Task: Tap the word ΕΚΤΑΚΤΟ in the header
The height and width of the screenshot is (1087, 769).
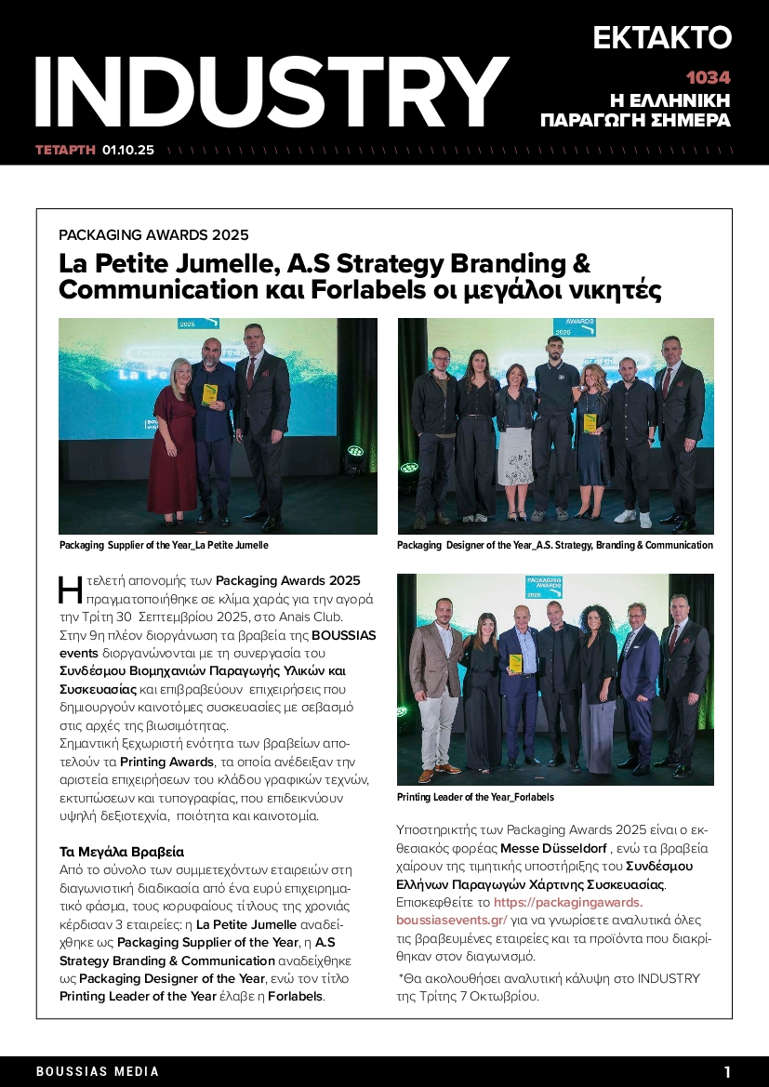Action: pyautogui.click(x=662, y=37)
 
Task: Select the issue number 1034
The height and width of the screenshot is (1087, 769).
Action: pyautogui.click(x=708, y=78)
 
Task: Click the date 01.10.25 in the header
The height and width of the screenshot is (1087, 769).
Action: pyautogui.click(x=128, y=149)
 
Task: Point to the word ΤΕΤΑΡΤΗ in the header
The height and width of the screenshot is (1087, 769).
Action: pyautogui.click(x=65, y=149)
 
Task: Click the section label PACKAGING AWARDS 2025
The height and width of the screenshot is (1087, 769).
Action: pyautogui.click(x=153, y=235)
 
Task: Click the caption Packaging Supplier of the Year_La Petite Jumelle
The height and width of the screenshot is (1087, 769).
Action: pyautogui.click(x=164, y=545)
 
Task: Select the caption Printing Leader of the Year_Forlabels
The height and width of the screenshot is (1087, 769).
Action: pyautogui.click(x=475, y=797)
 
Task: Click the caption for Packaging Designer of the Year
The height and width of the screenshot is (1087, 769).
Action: pyautogui.click(x=554, y=545)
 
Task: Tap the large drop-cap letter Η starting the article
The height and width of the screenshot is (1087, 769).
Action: pyautogui.click(x=71, y=590)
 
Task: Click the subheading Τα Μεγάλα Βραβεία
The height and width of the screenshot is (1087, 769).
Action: pyautogui.click(x=122, y=851)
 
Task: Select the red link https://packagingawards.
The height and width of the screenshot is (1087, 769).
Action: pyautogui.click(x=567, y=902)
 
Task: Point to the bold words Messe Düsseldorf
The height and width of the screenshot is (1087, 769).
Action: pyautogui.click(x=553, y=849)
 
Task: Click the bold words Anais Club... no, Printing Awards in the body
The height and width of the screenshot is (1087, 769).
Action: pyautogui.click(x=167, y=762)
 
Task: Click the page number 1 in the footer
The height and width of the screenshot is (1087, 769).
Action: pyautogui.click(x=727, y=1071)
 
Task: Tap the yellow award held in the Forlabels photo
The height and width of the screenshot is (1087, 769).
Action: pyautogui.click(x=515, y=663)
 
